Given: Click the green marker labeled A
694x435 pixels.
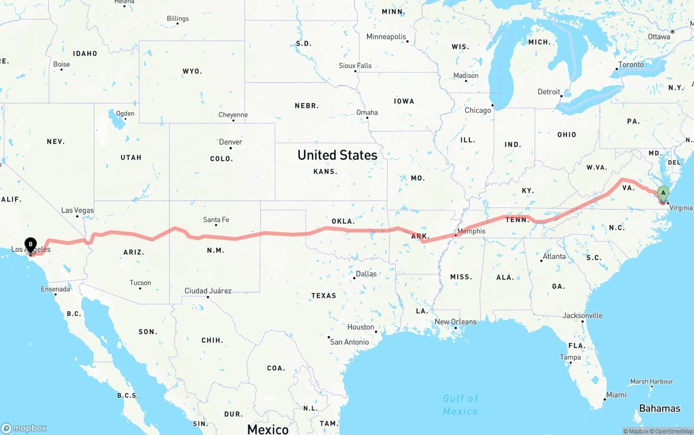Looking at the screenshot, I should tap(663, 193).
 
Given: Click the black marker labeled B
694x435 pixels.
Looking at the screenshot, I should tap(31, 245).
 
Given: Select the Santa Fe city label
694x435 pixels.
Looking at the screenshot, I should tap(216, 219).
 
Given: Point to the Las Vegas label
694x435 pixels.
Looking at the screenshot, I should tap(77, 210).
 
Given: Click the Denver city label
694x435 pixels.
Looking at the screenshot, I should tap(230, 142).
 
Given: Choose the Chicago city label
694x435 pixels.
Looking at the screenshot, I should tap(477, 110).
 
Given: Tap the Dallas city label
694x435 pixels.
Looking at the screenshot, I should tap(366, 274).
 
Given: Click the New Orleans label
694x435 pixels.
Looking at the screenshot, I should tap(455, 321).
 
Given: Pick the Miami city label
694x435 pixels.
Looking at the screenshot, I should tap(616, 395).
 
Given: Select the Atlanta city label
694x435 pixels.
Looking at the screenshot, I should tap(554, 256).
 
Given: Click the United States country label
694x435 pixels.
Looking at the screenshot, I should tap(337, 155).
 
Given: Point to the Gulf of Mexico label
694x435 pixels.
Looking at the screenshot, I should tap(460, 405).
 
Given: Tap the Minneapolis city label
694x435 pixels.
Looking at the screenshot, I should tap(386, 37).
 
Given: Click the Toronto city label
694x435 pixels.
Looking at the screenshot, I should tap(631, 64).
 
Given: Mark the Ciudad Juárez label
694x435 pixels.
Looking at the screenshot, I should tap(208, 291).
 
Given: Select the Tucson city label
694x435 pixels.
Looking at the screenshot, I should tap(140, 283).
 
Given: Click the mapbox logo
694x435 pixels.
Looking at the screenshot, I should tap(24, 428).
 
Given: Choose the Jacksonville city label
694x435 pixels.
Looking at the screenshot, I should tap(582, 315).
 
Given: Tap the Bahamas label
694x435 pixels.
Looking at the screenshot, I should tap(659, 408).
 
